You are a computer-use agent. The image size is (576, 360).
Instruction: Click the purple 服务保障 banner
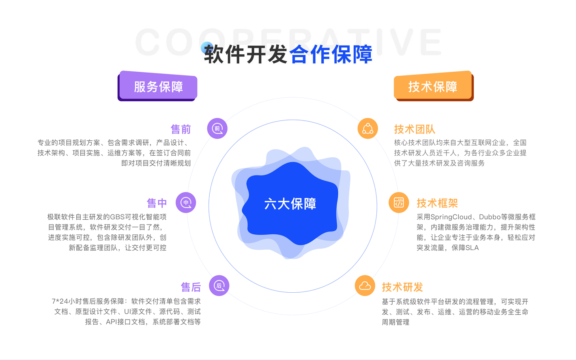[157, 86]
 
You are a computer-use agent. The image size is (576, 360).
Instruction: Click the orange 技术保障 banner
[434, 86]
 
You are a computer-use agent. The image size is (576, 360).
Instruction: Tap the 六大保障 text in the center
[290, 204]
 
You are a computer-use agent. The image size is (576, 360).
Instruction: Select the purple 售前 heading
[181, 129]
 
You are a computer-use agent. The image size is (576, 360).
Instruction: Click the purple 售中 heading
[157, 203]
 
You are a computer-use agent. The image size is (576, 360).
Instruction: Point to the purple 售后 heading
[191, 287]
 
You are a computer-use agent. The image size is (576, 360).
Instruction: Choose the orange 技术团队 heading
[415, 129]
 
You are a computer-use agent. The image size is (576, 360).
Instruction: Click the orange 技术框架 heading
[437, 203]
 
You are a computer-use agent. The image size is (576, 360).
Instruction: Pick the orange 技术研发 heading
[402, 287]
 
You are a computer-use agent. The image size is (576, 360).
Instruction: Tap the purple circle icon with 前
[217, 129]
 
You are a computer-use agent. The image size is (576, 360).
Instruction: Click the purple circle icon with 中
[186, 202]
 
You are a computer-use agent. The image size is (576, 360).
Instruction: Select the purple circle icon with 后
[219, 285]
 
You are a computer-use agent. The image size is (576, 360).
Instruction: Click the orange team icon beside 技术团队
[368, 129]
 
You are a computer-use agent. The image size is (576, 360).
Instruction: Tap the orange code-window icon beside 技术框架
[399, 202]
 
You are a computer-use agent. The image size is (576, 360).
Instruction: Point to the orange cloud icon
[365, 285]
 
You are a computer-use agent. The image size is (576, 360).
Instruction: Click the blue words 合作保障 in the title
[331, 54]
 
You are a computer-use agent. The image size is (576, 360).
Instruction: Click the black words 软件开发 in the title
[245, 54]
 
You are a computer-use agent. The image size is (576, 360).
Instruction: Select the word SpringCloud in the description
[451, 217]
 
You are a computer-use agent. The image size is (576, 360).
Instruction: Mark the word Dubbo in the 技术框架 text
[490, 217]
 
